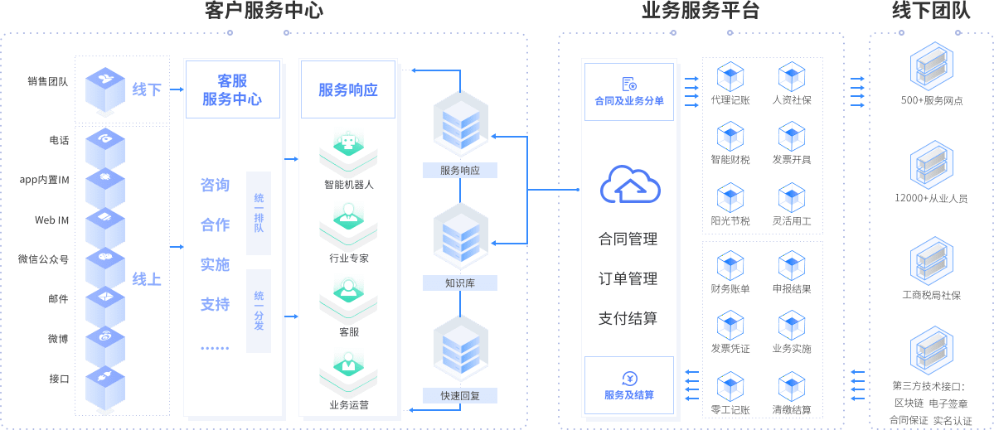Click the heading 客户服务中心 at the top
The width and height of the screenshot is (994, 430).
point(264,11)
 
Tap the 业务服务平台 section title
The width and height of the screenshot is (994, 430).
point(701,11)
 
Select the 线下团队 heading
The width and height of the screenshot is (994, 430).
point(931,11)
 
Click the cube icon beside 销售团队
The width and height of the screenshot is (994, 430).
point(105,89)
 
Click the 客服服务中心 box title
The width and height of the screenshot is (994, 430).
point(232,90)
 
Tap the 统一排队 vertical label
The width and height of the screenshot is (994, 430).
point(259,213)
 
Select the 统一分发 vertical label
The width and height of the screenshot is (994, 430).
point(259,311)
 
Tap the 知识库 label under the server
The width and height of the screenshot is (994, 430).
point(460,283)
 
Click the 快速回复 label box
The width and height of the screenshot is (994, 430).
point(460,396)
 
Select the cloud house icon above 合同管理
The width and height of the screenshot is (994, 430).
point(630,184)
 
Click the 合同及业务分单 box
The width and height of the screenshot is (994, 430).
point(629,91)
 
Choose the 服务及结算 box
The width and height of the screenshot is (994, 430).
point(629,385)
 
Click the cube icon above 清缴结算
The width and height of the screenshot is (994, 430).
point(792,388)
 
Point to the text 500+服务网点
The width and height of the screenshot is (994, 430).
point(932,101)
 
